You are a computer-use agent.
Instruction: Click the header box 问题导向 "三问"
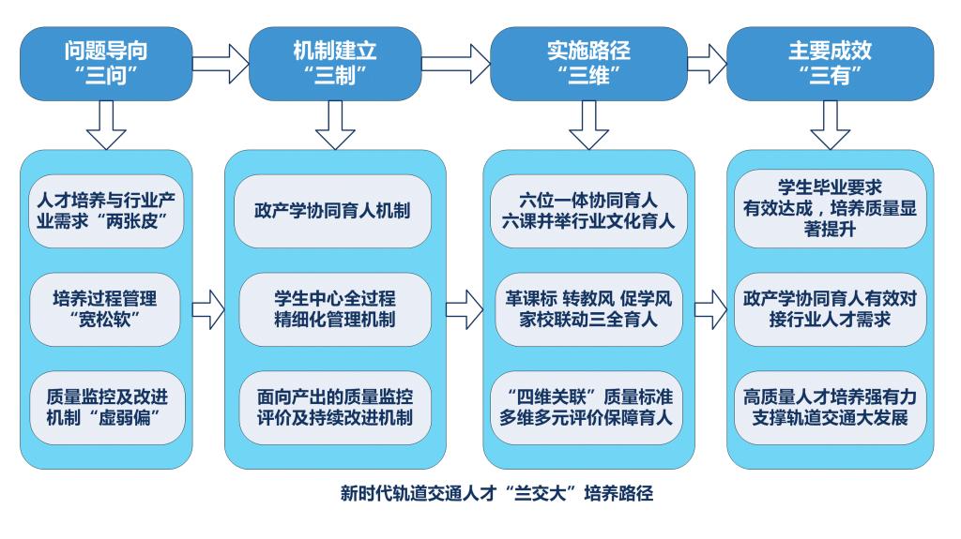pyautogui.click(x=106, y=64)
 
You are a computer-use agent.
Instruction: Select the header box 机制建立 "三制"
pyautogui.click(x=335, y=64)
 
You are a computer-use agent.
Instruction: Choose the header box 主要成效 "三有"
pyautogui.click(x=830, y=64)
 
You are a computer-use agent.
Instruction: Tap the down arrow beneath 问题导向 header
pyautogui.click(x=106, y=125)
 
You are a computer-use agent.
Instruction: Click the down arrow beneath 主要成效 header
pyautogui.click(x=830, y=125)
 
